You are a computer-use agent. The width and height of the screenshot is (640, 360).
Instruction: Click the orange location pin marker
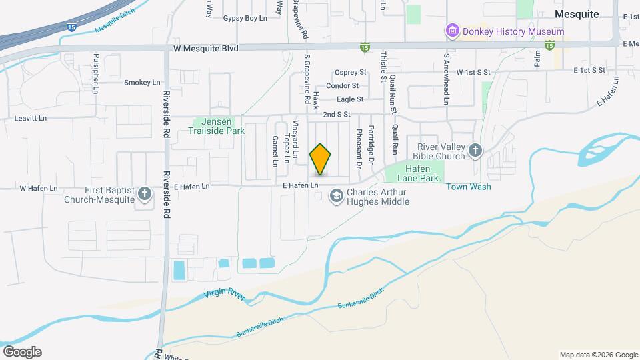(321, 159)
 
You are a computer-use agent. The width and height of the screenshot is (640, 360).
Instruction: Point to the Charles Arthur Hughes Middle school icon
(337, 196)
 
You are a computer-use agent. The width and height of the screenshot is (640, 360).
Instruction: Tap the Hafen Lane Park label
(418, 174)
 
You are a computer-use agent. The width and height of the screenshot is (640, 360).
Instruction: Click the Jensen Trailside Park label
(219, 127)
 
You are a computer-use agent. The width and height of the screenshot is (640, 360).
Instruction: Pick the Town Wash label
(469, 187)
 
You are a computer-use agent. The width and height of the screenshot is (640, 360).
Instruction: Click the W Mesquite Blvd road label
(205, 48)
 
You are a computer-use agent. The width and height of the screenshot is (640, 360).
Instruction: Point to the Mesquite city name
(577, 14)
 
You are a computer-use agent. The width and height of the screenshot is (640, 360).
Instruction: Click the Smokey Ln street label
(143, 83)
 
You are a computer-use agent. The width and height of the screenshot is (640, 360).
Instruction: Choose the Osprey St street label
(351, 72)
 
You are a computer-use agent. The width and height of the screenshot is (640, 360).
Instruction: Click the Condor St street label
(342, 85)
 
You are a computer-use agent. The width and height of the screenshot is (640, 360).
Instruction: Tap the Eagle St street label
(350, 99)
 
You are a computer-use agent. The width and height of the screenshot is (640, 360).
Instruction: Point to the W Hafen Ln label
(39, 189)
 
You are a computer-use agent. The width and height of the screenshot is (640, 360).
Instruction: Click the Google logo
(22, 351)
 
